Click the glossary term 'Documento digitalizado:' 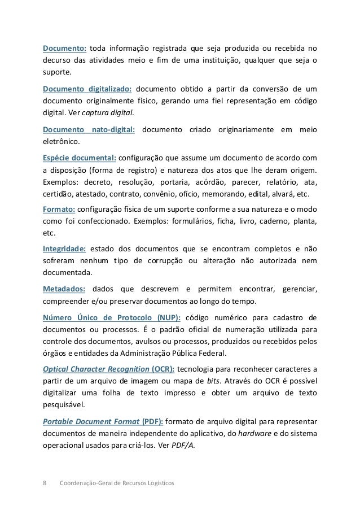point(87,89)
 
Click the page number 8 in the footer point(45,483)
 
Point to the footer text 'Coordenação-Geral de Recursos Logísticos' point(117,483)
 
